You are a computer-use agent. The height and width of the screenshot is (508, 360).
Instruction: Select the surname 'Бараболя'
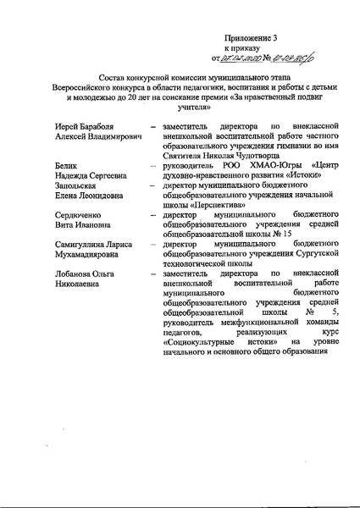point(100,125)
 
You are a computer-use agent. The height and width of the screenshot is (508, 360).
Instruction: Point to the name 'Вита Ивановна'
point(82,227)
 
